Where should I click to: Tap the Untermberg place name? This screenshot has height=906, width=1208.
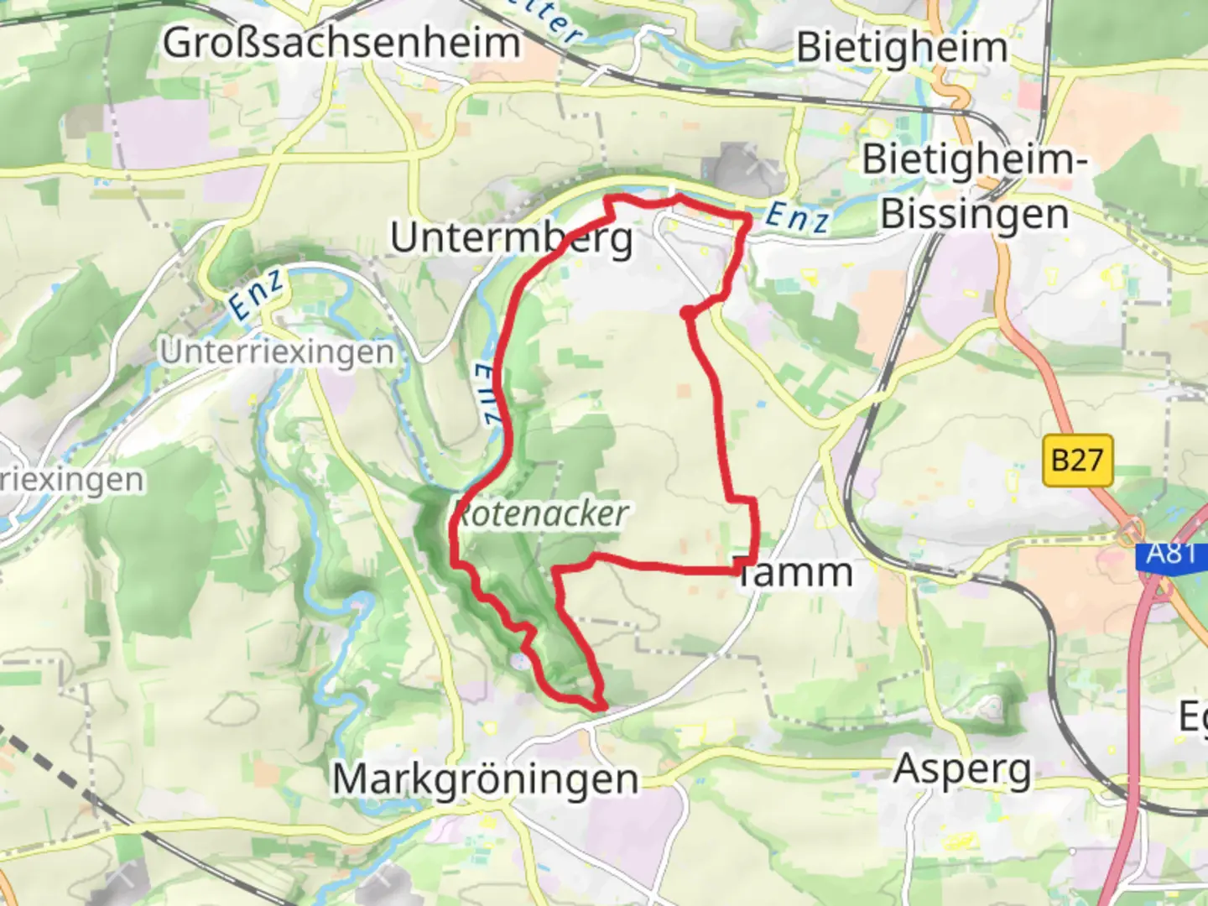coord(512,238)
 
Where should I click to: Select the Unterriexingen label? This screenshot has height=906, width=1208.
coord(277,352)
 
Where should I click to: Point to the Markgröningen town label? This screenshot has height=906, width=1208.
coord(486,779)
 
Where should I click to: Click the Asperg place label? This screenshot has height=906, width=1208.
coord(962,769)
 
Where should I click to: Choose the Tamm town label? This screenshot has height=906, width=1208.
coord(795,573)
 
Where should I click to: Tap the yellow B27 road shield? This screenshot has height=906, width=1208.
coord(1077,461)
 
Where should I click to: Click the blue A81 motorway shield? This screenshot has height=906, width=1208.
coord(1172,555)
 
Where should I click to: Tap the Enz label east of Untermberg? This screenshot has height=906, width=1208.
coord(798,217)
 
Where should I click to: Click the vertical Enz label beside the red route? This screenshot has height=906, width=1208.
coord(487,394)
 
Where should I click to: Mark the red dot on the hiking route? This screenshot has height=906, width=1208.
coord(687,314)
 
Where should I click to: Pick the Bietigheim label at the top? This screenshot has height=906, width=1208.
coord(902,47)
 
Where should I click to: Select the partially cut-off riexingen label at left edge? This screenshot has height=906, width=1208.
coord(71,481)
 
